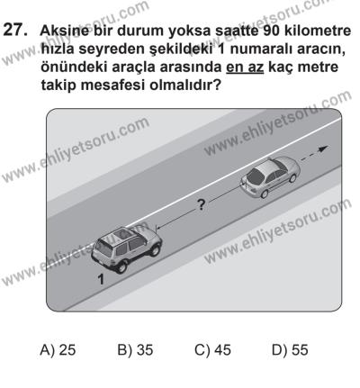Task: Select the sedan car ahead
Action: click(267, 176)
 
